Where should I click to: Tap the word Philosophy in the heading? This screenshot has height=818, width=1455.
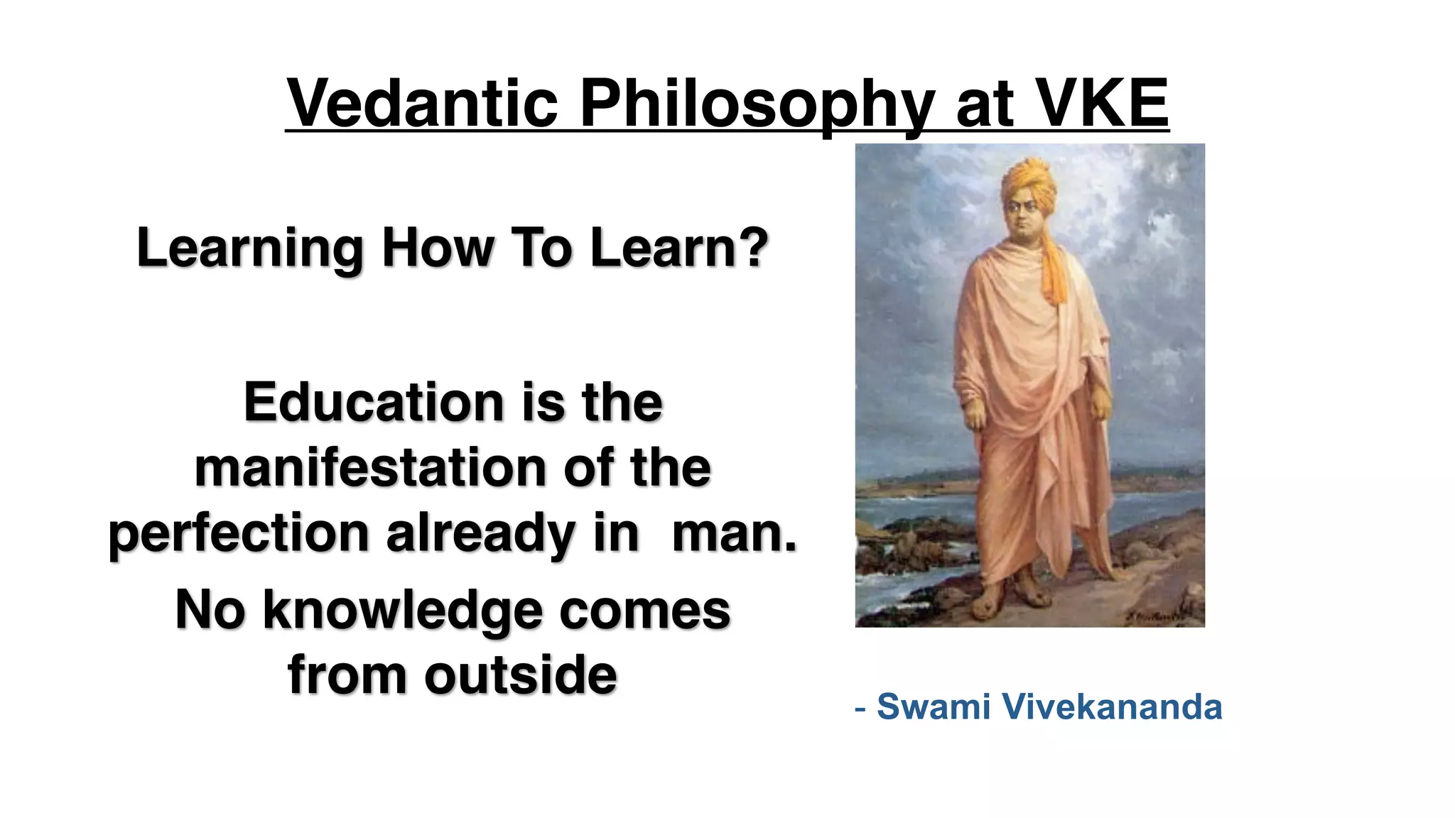(x=757, y=104)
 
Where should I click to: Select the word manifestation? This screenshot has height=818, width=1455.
(x=370, y=468)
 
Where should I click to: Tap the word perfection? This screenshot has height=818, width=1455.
(x=238, y=533)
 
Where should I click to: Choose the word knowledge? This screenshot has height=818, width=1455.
(x=403, y=610)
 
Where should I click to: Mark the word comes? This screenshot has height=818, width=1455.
(x=644, y=610)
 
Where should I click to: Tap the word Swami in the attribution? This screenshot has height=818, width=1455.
(x=934, y=707)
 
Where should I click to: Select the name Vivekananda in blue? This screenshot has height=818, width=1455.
(x=1111, y=707)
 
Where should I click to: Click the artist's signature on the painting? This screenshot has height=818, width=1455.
(x=1154, y=616)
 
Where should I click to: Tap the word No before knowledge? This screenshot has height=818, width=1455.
(x=210, y=610)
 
